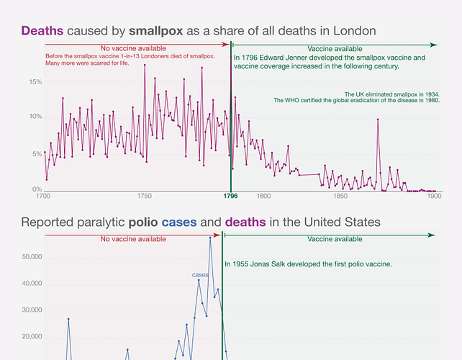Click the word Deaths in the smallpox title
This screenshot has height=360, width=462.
(42, 30)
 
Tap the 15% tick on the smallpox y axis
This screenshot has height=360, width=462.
(35, 81)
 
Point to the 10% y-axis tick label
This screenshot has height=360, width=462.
(35, 117)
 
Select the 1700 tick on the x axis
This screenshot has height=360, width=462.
(42, 196)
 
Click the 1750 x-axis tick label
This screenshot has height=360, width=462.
(144, 196)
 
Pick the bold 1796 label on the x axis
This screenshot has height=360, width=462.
(231, 196)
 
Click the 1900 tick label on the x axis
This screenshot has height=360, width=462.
(432, 196)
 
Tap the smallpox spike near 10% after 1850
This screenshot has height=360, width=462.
(378, 120)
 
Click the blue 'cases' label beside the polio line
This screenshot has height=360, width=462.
(200, 274)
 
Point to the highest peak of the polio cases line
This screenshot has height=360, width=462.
(210, 238)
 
